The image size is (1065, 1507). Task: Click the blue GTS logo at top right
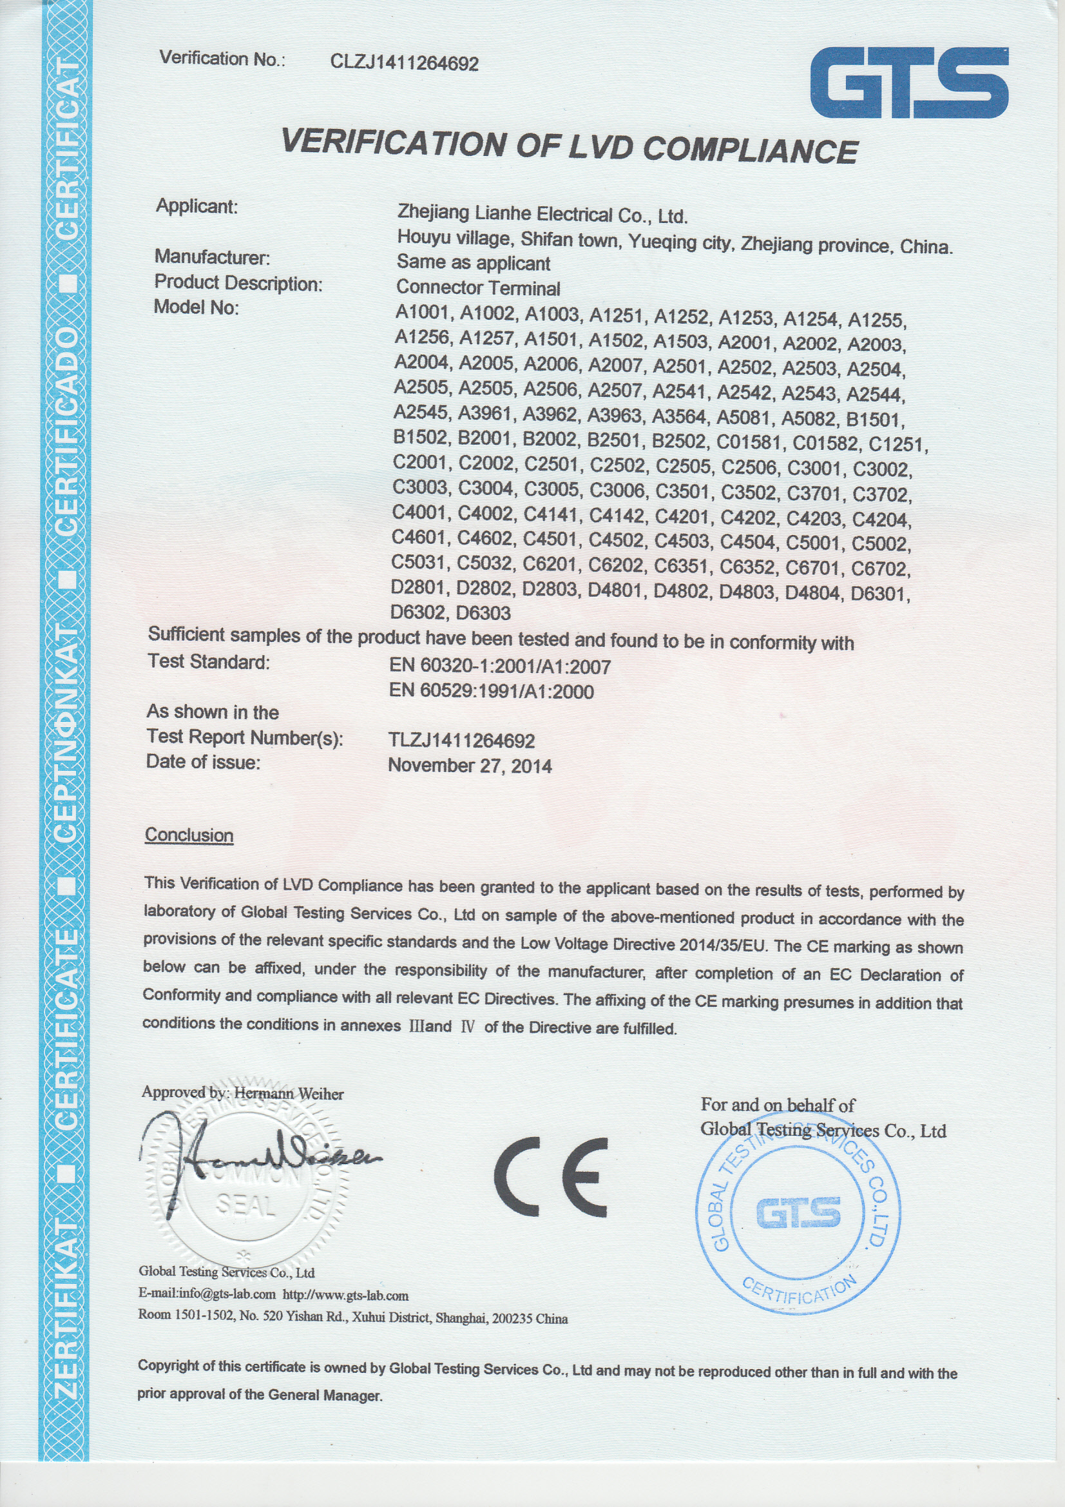pyautogui.click(x=909, y=83)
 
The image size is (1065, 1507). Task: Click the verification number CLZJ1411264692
pyautogui.click(x=404, y=63)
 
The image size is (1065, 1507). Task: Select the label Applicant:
pyautogui.click(x=197, y=207)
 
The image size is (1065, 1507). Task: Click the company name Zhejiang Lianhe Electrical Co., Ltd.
pyautogui.click(x=542, y=215)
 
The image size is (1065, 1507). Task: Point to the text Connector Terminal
pyautogui.click(x=477, y=287)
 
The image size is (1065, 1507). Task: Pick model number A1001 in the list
pyautogui.click(x=421, y=313)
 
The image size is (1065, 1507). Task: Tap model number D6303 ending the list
pyautogui.click(x=483, y=613)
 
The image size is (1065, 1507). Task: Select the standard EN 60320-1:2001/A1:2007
pyautogui.click(x=500, y=667)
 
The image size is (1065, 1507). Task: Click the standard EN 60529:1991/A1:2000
pyautogui.click(x=492, y=691)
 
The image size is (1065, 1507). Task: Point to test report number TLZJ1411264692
pyautogui.click(x=461, y=741)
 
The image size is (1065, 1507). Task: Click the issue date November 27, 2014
pyautogui.click(x=470, y=765)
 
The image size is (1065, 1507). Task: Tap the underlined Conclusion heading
pyautogui.click(x=189, y=835)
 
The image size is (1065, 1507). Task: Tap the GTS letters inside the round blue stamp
pyautogui.click(x=798, y=1212)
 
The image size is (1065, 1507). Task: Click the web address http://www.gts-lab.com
pyautogui.click(x=346, y=1296)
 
